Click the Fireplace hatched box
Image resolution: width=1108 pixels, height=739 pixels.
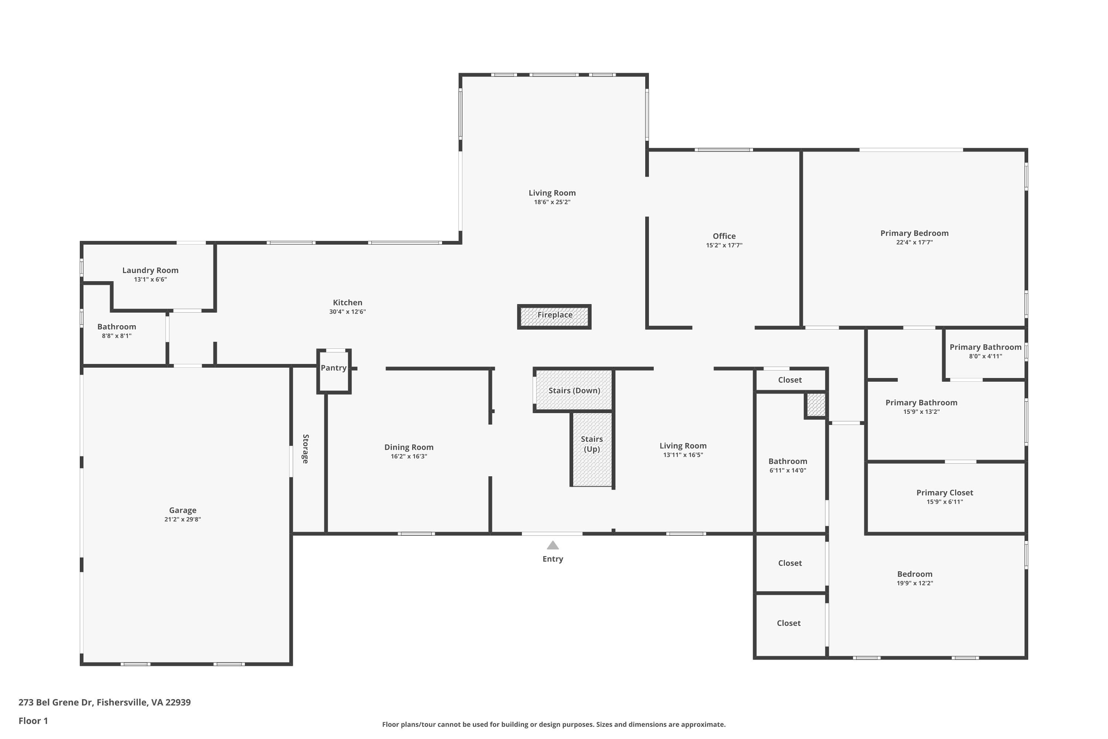554,317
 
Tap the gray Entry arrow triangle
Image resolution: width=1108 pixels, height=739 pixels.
553,545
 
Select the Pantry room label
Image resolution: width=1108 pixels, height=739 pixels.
334,368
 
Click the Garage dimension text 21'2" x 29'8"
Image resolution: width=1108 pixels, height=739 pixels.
182,520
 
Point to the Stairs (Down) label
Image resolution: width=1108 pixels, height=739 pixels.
574,390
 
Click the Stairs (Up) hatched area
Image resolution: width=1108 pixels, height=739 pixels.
592,467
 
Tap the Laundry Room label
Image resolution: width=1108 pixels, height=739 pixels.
150,270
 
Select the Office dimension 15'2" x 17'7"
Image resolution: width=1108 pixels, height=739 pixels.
724,245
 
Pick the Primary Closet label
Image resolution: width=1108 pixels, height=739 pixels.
944,493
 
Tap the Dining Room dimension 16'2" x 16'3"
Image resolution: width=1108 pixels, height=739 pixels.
408,456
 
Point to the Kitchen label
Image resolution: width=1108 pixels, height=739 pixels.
347,303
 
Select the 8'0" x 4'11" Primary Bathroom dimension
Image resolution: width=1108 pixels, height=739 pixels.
985,356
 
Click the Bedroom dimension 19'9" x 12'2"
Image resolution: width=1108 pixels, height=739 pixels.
914,583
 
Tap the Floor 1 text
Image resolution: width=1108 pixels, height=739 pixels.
33,721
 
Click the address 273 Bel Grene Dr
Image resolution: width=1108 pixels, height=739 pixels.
104,702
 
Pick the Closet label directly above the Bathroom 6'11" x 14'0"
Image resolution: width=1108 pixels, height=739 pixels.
790,380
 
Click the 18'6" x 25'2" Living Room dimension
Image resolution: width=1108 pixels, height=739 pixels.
552,202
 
